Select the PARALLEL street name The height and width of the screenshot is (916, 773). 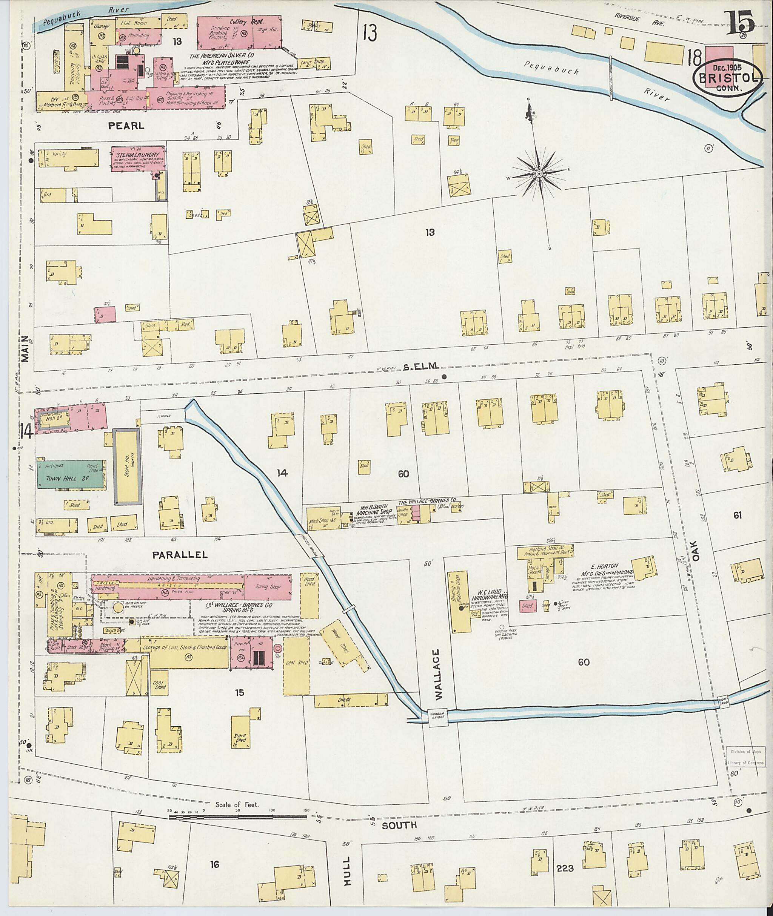(180, 555)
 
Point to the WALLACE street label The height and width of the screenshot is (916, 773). (439, 674)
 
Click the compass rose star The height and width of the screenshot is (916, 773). (539, 174)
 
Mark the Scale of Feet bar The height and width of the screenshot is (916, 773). (239, 816)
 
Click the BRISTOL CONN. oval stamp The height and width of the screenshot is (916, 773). (727, 79)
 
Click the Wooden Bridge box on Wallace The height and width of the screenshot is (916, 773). (438, 717)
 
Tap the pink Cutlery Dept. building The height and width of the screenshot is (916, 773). (239, 33)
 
